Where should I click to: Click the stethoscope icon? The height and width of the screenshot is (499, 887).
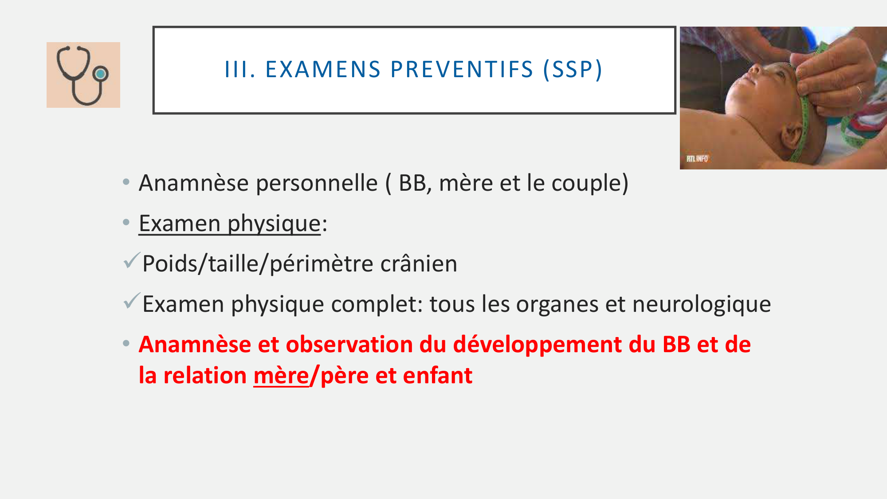coord(83,75)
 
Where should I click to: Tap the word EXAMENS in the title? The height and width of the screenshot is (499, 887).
coord(323,70)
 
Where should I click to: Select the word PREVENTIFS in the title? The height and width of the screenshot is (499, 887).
coord(462,70)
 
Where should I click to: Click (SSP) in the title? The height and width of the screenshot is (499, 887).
coord(573,70)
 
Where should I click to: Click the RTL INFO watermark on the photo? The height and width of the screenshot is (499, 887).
coord(697,158)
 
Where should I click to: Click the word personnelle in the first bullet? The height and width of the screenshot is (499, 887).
coord(317,183)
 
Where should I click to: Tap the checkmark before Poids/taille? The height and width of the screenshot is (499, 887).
coord(132,260)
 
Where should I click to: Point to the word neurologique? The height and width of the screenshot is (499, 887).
coord(702,305)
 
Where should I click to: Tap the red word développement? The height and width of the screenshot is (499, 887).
coord(554,345)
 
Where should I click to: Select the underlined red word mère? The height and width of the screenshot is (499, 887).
coord(281,376)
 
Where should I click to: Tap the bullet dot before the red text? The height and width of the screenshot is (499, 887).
coord(126,343)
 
